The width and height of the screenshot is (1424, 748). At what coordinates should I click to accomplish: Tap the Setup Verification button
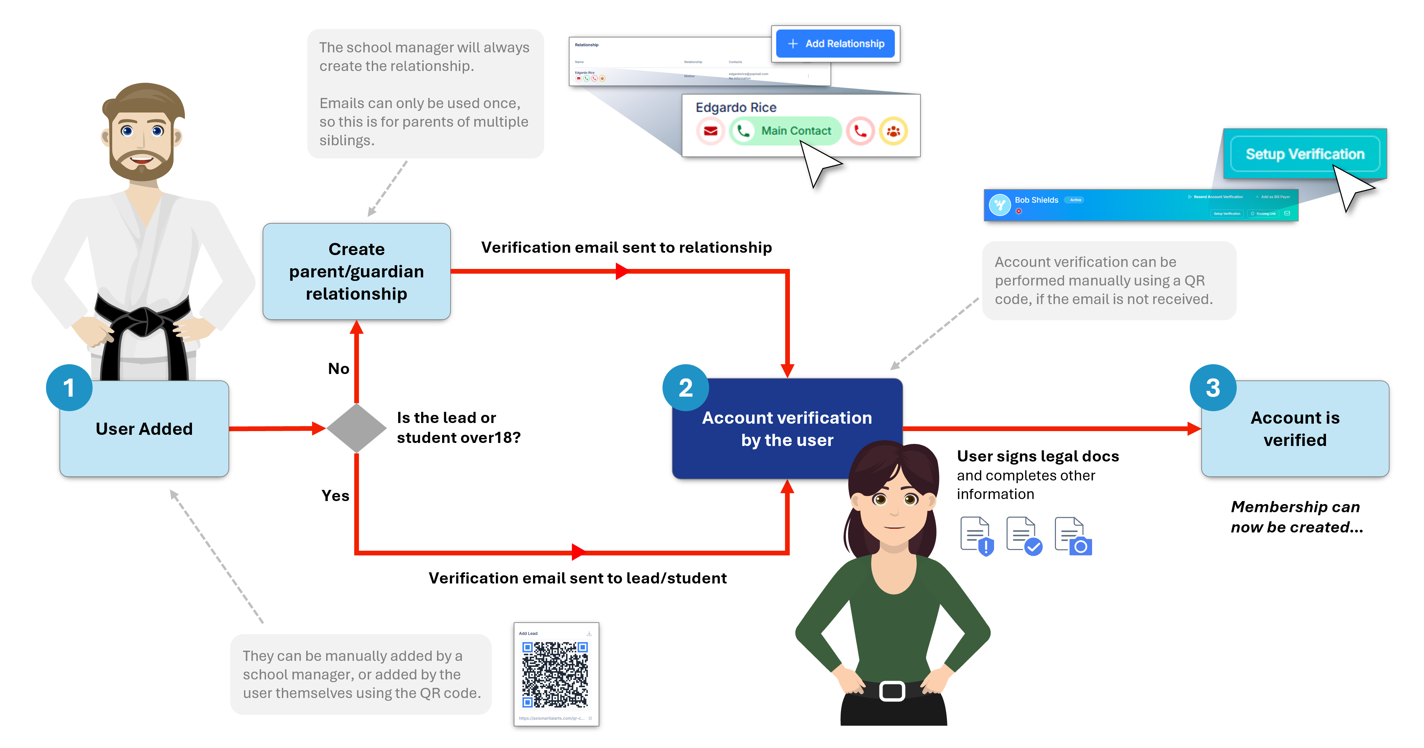pos(1305,154)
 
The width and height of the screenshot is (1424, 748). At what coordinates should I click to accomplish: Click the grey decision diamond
pos(357,428)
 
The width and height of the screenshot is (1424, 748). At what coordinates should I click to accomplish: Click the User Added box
pos(144,429)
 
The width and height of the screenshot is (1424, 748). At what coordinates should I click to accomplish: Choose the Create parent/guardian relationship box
pos(357,271)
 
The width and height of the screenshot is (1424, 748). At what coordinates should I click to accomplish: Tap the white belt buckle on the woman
pos(892,691)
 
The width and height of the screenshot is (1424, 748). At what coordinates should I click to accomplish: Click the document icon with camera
pos(1073,536)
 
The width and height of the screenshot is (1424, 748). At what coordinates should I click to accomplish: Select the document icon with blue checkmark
pos(1024,536)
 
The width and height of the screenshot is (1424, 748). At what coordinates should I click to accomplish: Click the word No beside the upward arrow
pos(338,369)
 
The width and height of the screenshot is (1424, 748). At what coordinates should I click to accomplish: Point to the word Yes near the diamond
pos(335,496)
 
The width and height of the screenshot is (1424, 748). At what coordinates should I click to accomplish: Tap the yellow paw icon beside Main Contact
pos(893,131)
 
